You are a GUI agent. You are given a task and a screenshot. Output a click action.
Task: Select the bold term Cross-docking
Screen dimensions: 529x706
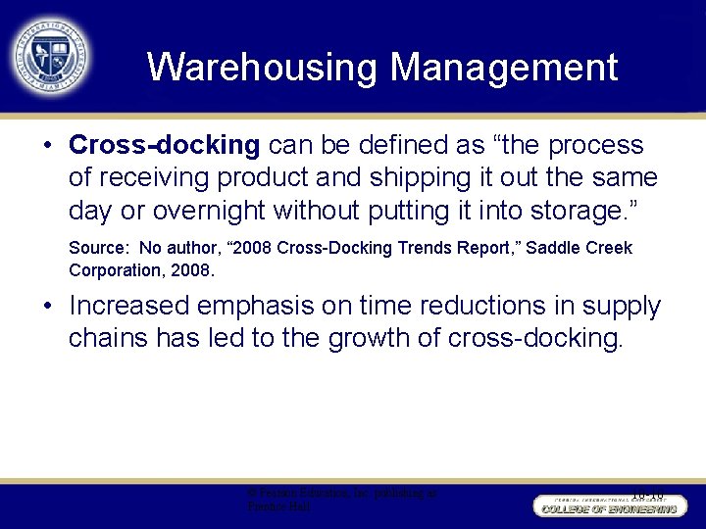pyautogui.click(x=164, y=146)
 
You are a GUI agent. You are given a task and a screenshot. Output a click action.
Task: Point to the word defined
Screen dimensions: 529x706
pyautogui.click(x=416, y=146)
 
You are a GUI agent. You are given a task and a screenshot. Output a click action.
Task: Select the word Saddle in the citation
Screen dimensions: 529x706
pyautogui.click(x=555, y=249)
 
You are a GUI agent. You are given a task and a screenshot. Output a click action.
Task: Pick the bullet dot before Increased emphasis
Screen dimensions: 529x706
pyautogui.click(x=47, y=307)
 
